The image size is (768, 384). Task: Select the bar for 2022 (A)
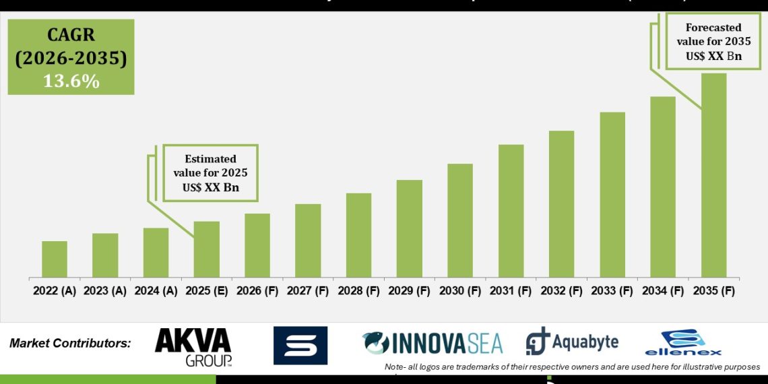pyautogui.click(x=55, y=259)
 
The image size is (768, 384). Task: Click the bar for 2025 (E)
pyautogui.click(x=207, y=249)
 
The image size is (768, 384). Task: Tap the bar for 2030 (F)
pyautogui.click(x=460, y=220)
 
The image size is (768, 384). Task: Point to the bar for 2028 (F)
pyautogui.click(x=358, y=235)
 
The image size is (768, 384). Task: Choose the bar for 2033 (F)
pyautogui.click(x=612, y=195)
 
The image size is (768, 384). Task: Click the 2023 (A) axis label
pyautogui.click(x=105, y=292)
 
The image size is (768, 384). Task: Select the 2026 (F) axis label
pyautogui.click(x=257, y=292)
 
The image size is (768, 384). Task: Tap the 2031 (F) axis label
pyautogui.click(x=511, y=292)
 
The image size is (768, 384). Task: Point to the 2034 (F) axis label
pyautogui.click(x=663, y=292)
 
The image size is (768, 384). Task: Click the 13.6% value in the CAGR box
pyautogui.click(x=71, y=82)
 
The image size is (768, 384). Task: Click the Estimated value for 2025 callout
pyautogui.click(x=210, y=173)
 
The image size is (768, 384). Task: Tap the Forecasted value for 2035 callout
pyautogui.click(x=713, y=42)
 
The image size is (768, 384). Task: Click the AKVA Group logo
pyautogui.click(x=193, y=346)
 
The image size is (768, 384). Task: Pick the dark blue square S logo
pyautogui.click(x=300, y=345)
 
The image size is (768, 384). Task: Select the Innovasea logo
pyautogui.click(x=432, y=343)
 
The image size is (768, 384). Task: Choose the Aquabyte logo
pyautogui.click(x=572, y=342)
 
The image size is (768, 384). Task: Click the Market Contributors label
pyautogui.click(x=70, y=344)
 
